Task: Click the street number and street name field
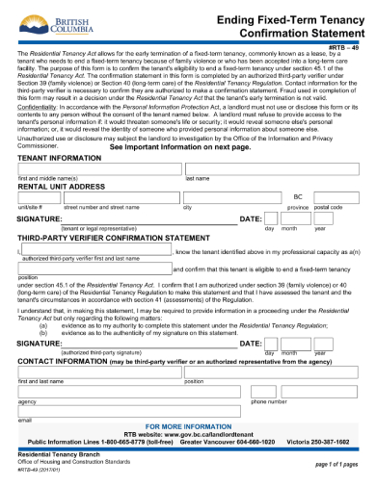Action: pyautogui.click(x=120, y=197)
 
